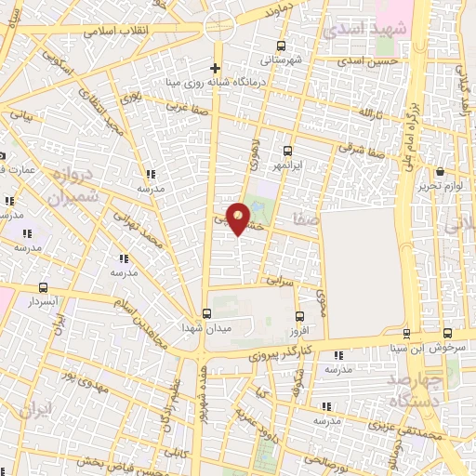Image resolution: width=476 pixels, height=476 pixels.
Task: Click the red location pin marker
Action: point(239,218)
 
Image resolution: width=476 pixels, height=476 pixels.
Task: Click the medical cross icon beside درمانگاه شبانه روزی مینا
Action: point(216,68)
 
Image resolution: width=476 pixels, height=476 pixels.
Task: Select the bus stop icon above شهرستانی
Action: point(282,46)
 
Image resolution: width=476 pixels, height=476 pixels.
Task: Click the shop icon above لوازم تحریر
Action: point(440,171)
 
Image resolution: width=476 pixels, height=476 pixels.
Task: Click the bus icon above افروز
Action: point(298,317)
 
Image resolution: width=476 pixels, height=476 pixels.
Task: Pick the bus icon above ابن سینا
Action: point(406,334)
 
